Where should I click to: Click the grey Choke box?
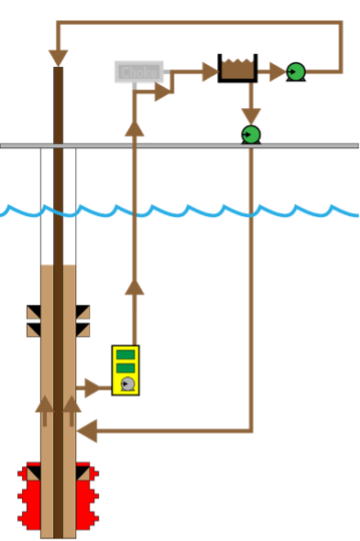tap(139, 71)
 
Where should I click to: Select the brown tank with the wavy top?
tap(237, 70)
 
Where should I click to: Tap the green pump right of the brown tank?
tap(296, 71)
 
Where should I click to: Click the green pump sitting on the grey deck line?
tap(251, 135)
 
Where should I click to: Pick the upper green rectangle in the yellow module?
tap(125, 354)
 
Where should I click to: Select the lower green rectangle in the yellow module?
tap(125, 368)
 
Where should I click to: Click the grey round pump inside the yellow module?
tap(127, 384)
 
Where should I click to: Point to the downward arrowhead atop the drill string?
tap(59, 58)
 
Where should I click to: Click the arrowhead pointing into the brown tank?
tap(210, 71)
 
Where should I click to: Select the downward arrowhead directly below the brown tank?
tap(251, 115)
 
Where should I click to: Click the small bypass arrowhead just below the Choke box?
tap(162, 92)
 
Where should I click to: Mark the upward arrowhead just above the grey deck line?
tap(135, 128)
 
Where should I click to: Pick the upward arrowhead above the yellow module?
tap(135, 287)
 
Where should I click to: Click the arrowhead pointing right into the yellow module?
tap(93, 388)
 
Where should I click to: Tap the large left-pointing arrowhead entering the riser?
tap(87, 430)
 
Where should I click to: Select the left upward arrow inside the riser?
tap(44, 406)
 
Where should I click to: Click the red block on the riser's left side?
tap(30, 495)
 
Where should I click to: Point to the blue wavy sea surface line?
tap(183, 211)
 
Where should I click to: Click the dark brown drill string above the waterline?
tap(59, 137)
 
